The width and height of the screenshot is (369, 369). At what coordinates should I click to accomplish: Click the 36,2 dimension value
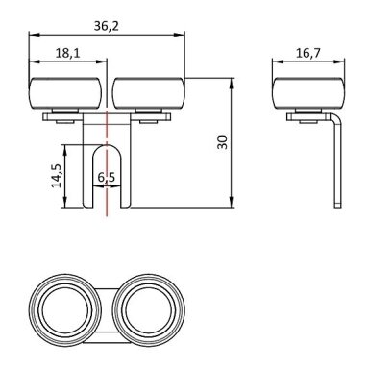click(x=107, y=26)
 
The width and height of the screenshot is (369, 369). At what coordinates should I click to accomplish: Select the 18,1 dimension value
click(x=67, y=53)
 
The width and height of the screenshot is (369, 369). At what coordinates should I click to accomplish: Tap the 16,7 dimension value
click(x=307, y=53)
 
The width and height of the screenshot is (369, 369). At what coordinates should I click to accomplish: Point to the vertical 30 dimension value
click(x=222, y=142)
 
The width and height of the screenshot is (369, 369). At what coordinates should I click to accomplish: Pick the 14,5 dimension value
click(x=57, y=176)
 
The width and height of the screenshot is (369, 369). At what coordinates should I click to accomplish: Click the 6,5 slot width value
click(x=107, y=177)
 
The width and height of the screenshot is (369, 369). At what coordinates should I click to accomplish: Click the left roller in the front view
click(x=67, y=93)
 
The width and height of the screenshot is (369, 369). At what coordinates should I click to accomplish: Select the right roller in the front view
click(x=149, y=93)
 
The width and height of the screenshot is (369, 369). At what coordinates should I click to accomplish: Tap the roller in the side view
click(x=308, y=93)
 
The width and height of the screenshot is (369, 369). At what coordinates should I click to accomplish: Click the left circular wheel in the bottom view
click(x=64, y=310)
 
